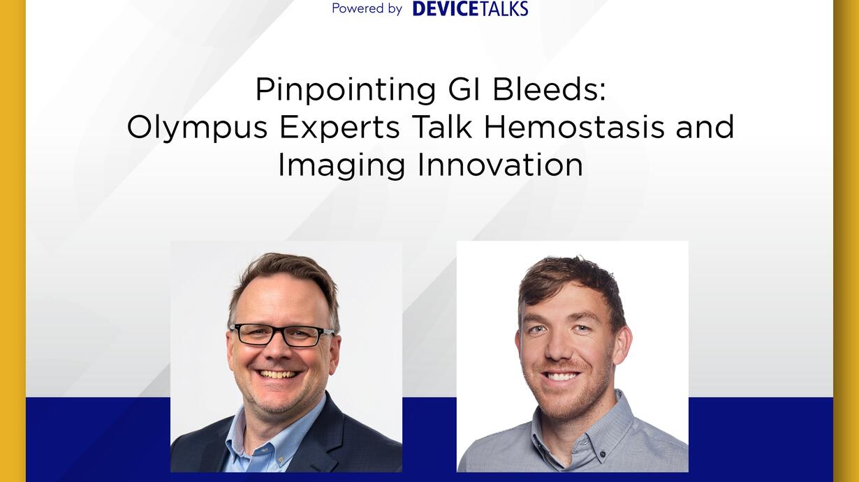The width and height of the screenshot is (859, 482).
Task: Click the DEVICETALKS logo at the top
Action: point(470,8)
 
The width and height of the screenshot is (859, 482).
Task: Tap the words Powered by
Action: point(367,8)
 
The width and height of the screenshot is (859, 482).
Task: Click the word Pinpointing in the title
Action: point(346,91)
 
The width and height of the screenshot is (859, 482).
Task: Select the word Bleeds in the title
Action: point(549,90)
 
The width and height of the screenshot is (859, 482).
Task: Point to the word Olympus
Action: point(197,128)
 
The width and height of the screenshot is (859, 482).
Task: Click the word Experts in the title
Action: point(340,128)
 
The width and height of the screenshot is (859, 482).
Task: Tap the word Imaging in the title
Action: point(342,166)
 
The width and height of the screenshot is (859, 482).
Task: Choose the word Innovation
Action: point(500,165)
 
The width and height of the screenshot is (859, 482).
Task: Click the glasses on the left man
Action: point(281,336)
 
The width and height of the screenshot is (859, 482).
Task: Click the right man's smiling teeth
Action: point(561,376)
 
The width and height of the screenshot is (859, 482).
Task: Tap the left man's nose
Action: point(277,351)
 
